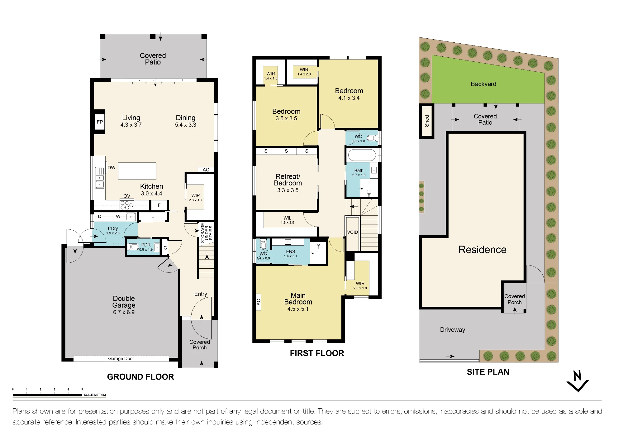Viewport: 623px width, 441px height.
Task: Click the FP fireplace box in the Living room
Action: [x=100, y=122]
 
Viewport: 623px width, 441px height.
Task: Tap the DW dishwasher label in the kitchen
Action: [x=112, y=168]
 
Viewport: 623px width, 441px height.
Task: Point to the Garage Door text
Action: [x=121, y=359]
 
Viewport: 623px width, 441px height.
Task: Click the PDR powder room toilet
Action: [x=133, y=247]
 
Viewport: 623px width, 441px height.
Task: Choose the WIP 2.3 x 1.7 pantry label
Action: [x=196, y=198]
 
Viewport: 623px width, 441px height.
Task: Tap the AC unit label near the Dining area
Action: [x=206, y=170]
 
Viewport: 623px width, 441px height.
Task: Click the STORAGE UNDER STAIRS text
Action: [x=207, y=233]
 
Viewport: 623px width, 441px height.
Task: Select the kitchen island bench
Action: [x=137, y=171]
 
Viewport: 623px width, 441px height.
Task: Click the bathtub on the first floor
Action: [x=362, y=155]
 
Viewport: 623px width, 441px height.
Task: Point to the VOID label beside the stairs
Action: [x=353, y=232]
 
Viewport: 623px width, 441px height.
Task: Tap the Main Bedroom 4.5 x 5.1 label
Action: [x=298, y=302]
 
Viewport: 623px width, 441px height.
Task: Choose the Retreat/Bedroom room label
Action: [x=288, y=183]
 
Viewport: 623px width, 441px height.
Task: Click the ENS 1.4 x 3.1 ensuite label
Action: [x=291, y=254]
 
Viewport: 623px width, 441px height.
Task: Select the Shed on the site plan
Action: [x=426, y=121]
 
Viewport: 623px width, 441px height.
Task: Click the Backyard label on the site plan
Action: [x=483, y=84]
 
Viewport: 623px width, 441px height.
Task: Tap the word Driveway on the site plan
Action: [x=453, y=330]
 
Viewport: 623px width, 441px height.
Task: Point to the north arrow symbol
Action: [x=578, y=381]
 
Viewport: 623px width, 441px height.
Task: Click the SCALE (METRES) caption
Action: [x=95, y=395]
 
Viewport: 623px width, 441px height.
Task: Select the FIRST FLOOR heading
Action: [x=317, y=353]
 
